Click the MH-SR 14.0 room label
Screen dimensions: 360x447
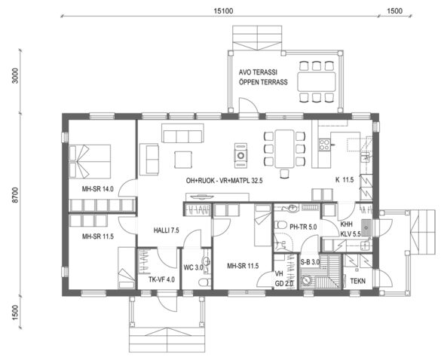point(98,189)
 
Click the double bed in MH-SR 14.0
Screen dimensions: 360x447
point(90,159)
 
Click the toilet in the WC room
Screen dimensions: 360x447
point(203,282)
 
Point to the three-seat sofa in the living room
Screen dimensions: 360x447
point(180,136)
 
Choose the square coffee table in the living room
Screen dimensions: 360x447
point(183,160)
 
